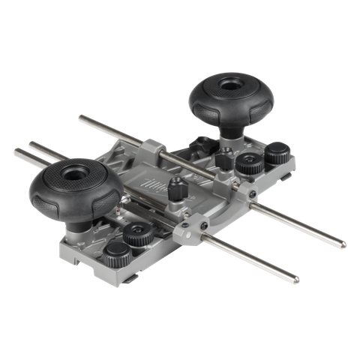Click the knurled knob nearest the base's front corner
pyautogui.click(x=115, y=252)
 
